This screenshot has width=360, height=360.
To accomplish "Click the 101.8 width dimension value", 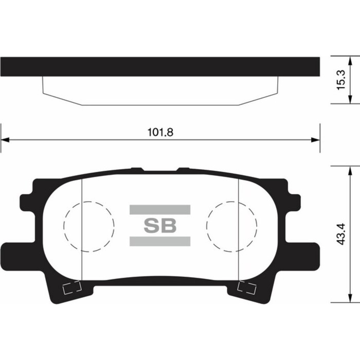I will [160, 132].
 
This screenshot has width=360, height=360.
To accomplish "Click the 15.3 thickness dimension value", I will [340, 80].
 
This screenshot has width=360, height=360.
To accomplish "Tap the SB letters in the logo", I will [159, 225].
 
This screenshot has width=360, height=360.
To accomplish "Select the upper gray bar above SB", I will [159, 209].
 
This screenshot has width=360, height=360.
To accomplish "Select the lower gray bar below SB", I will [159, 241].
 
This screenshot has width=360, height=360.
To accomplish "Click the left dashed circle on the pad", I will [88, 226].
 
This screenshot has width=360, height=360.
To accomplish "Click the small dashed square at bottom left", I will [71, 288].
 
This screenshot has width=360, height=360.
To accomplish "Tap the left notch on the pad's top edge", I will [136, 169].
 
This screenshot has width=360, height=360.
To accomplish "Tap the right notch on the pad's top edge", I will [183, 169].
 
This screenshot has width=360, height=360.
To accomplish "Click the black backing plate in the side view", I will [160, 67].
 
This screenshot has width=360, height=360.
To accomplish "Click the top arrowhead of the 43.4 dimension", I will [350, 170].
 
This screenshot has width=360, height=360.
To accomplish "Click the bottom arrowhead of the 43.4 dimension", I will [350, 299].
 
